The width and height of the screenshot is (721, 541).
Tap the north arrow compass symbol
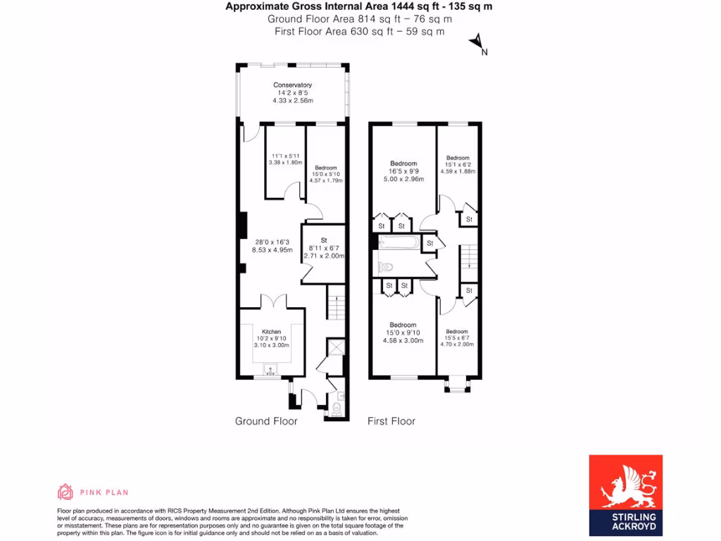(x=477, y=43)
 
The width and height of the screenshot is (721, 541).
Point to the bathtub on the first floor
(x=399, y=243)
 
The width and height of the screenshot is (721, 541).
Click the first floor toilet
(x=386, y=268)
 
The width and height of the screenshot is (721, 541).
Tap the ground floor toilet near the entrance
(x=337, y=408)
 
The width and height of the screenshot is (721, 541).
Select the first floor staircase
(x=469, y=261)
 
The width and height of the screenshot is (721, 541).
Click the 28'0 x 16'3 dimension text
(x=272, y=245)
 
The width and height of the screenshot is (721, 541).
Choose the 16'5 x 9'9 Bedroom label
(x=403, y=171)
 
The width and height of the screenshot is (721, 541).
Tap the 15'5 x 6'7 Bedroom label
(x=457, y=338)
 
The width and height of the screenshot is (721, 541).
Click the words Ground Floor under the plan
(x=266, y=421)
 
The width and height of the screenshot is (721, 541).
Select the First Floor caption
(x=391, y=421)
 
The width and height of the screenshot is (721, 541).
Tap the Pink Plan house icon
(x=65, y=492)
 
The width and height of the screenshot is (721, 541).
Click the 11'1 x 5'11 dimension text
(x=285, y=159)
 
